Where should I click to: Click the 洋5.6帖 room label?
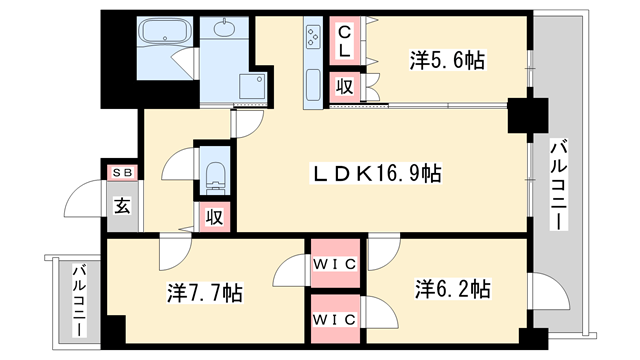447,61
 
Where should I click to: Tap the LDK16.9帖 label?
376,174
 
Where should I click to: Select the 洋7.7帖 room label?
204,293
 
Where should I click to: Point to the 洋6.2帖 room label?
452,289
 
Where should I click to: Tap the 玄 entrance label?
121,207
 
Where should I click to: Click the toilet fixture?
214,175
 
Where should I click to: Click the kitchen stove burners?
312,38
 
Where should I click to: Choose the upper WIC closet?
336,265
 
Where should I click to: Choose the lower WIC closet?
336,320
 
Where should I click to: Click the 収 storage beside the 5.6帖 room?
344,86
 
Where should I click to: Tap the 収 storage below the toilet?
215,215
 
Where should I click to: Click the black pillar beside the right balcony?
523,115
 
